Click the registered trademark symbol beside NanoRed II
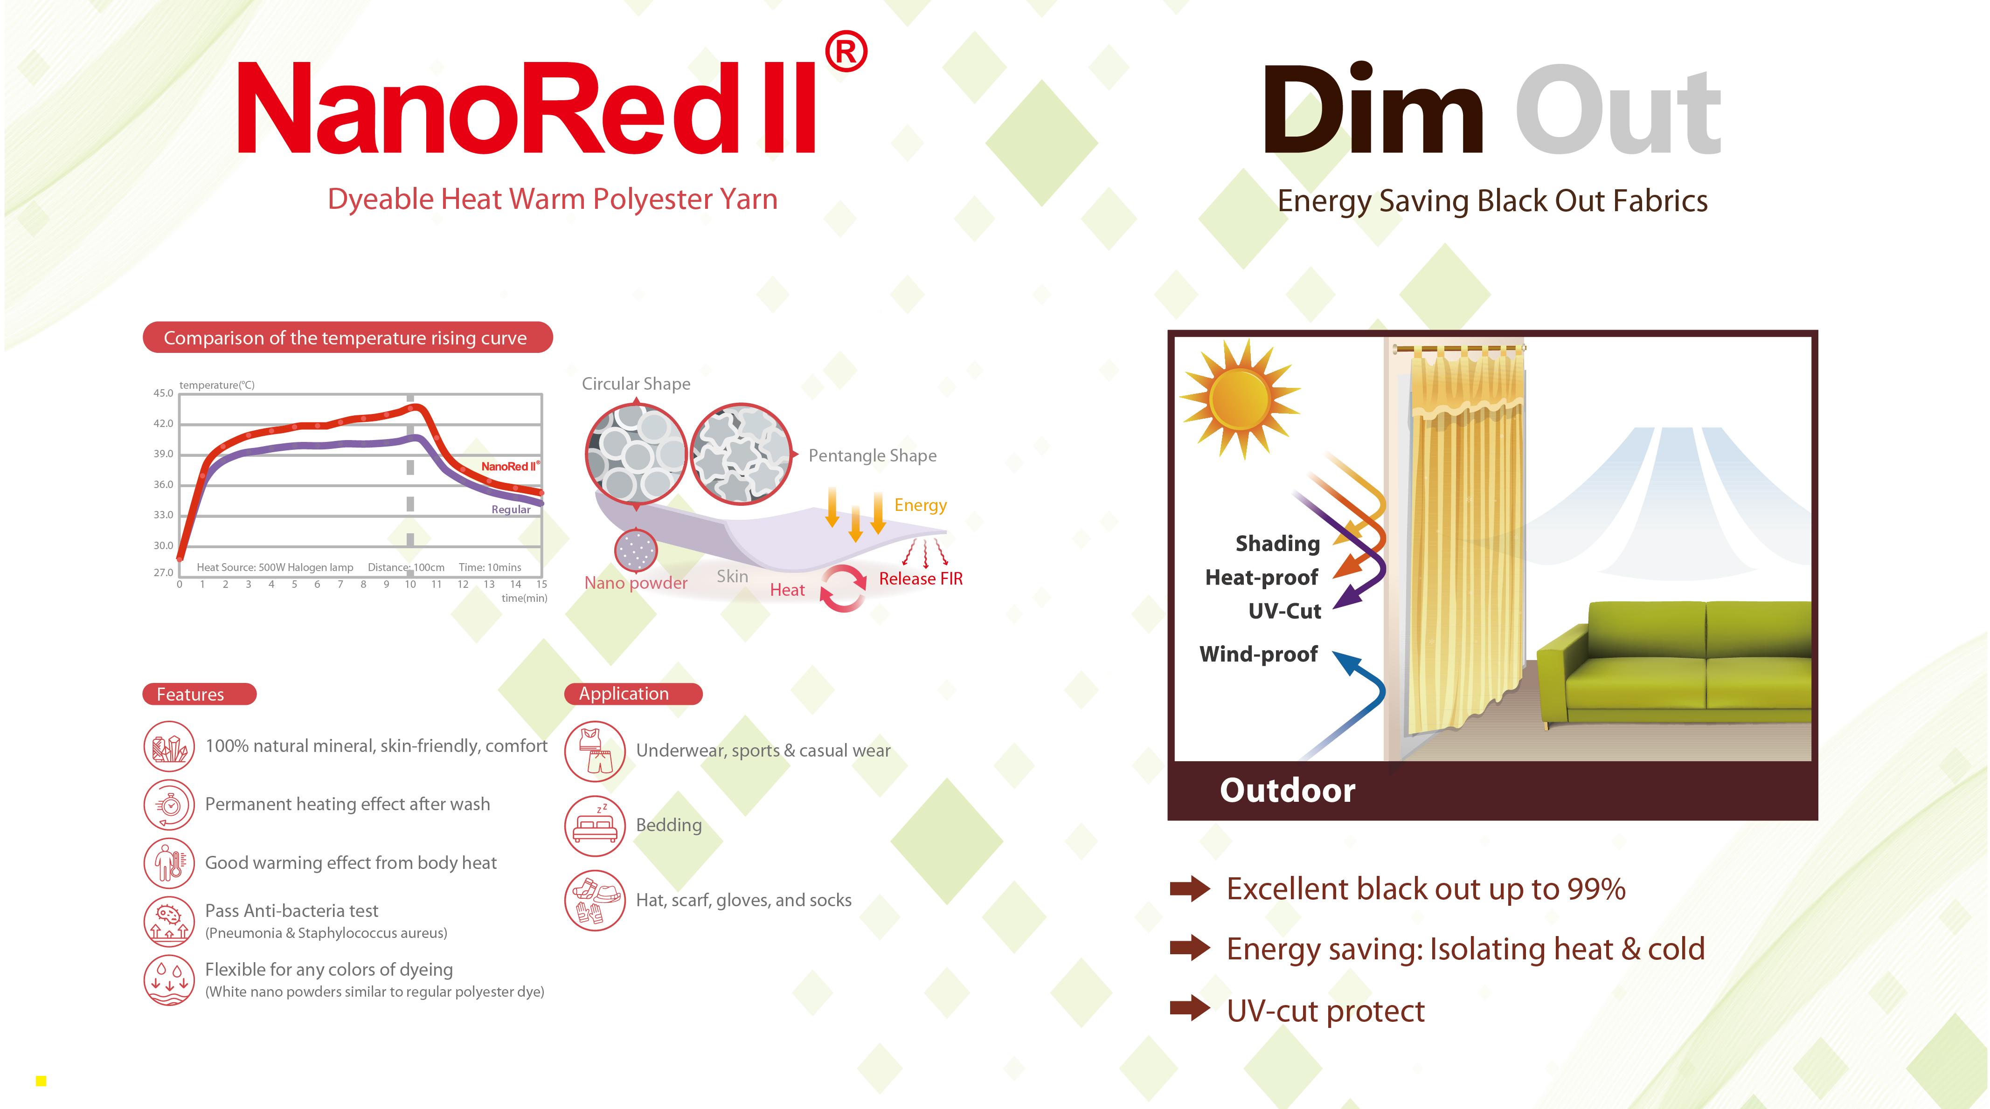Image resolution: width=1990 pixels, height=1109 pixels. (x=846, y=52)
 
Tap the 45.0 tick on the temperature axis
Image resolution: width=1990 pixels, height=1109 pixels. (x=163, y=393)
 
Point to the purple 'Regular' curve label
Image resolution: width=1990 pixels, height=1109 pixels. (x=511, y=510)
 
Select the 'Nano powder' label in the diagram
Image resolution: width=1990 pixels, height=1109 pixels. (x=636, y=583)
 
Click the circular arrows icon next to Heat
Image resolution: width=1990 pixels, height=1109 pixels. (x=843, y=588)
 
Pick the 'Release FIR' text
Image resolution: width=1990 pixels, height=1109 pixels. (x=921, y=579)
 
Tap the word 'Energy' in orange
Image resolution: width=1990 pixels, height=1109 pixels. (x=920, y=505)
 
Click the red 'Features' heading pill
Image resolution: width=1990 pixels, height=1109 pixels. (x=199, y=694)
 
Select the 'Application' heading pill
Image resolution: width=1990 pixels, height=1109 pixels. (x=633, y=694)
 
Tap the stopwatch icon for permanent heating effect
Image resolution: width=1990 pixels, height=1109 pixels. (x=169, y=805)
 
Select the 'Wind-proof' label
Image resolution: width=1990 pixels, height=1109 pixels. (x=1258, y=654)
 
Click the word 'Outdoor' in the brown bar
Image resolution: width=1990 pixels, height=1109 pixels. (x=1287, y=791)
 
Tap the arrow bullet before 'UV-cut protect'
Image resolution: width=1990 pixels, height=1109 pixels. (x=1190, y=1009)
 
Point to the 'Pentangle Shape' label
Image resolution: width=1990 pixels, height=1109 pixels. (x=872, y=455)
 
